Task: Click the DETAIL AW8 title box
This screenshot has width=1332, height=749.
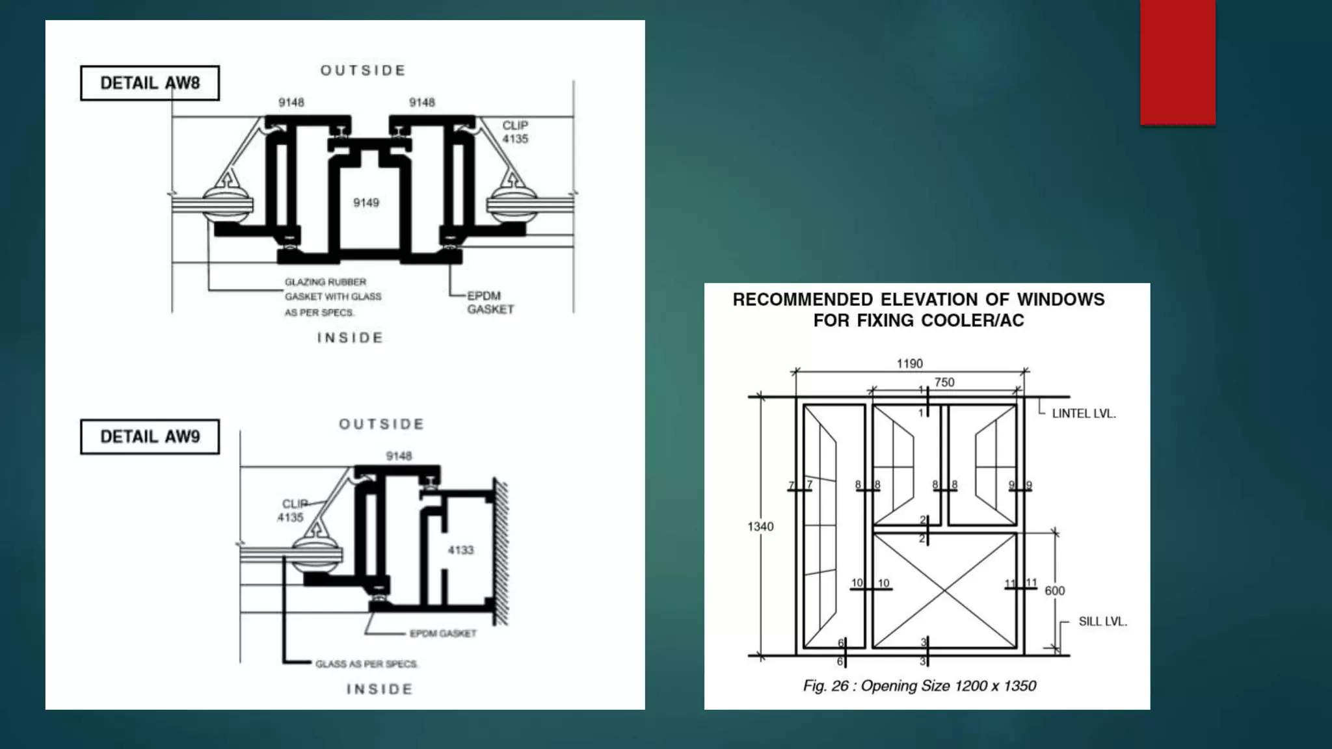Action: [150, 83]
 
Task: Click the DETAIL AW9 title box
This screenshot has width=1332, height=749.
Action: [150, 436]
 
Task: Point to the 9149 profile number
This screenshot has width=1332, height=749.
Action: [366, 203]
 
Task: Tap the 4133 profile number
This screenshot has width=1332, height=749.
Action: [460, 550]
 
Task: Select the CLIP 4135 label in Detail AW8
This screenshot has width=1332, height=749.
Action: [515, 132]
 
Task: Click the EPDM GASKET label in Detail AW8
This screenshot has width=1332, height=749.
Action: [490, 302]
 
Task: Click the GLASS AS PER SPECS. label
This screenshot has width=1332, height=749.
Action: [366, 664]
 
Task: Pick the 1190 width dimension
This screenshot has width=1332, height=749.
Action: [909, 363]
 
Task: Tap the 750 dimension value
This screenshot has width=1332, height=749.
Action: [944, 382]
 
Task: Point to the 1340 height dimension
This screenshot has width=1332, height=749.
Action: [760, 527]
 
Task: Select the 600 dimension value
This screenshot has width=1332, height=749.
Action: [1054, 590]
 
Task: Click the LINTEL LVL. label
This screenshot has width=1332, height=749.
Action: [1084, 414]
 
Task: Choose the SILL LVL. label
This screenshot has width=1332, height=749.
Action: [1102, 622]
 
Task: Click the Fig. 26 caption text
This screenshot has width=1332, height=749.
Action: [919, 686]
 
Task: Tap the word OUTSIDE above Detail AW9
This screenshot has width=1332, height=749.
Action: [382, 424]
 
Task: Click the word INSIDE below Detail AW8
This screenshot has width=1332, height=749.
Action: [350, 337]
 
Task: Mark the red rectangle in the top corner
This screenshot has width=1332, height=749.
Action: [1177, 62]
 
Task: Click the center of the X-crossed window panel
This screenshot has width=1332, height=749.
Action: [944, 590]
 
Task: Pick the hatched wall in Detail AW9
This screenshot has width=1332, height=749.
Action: [501, 553]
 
